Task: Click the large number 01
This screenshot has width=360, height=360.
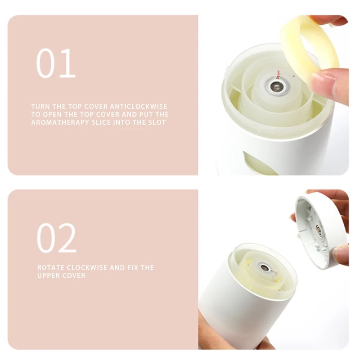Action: pyautogui.click(x=56, y=63)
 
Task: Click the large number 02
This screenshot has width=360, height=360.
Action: pyautogui.click(x=56, y=238)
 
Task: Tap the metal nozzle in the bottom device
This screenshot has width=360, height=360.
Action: pyautogui.click(x=265, y=269)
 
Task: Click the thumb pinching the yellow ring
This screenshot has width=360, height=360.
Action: pyautogui.click(x=329, y=84)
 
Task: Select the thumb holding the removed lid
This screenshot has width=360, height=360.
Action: pyautogui.click(x=341, y=254)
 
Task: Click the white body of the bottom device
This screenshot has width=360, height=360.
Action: pyautogui.click(x=234, y=315)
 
